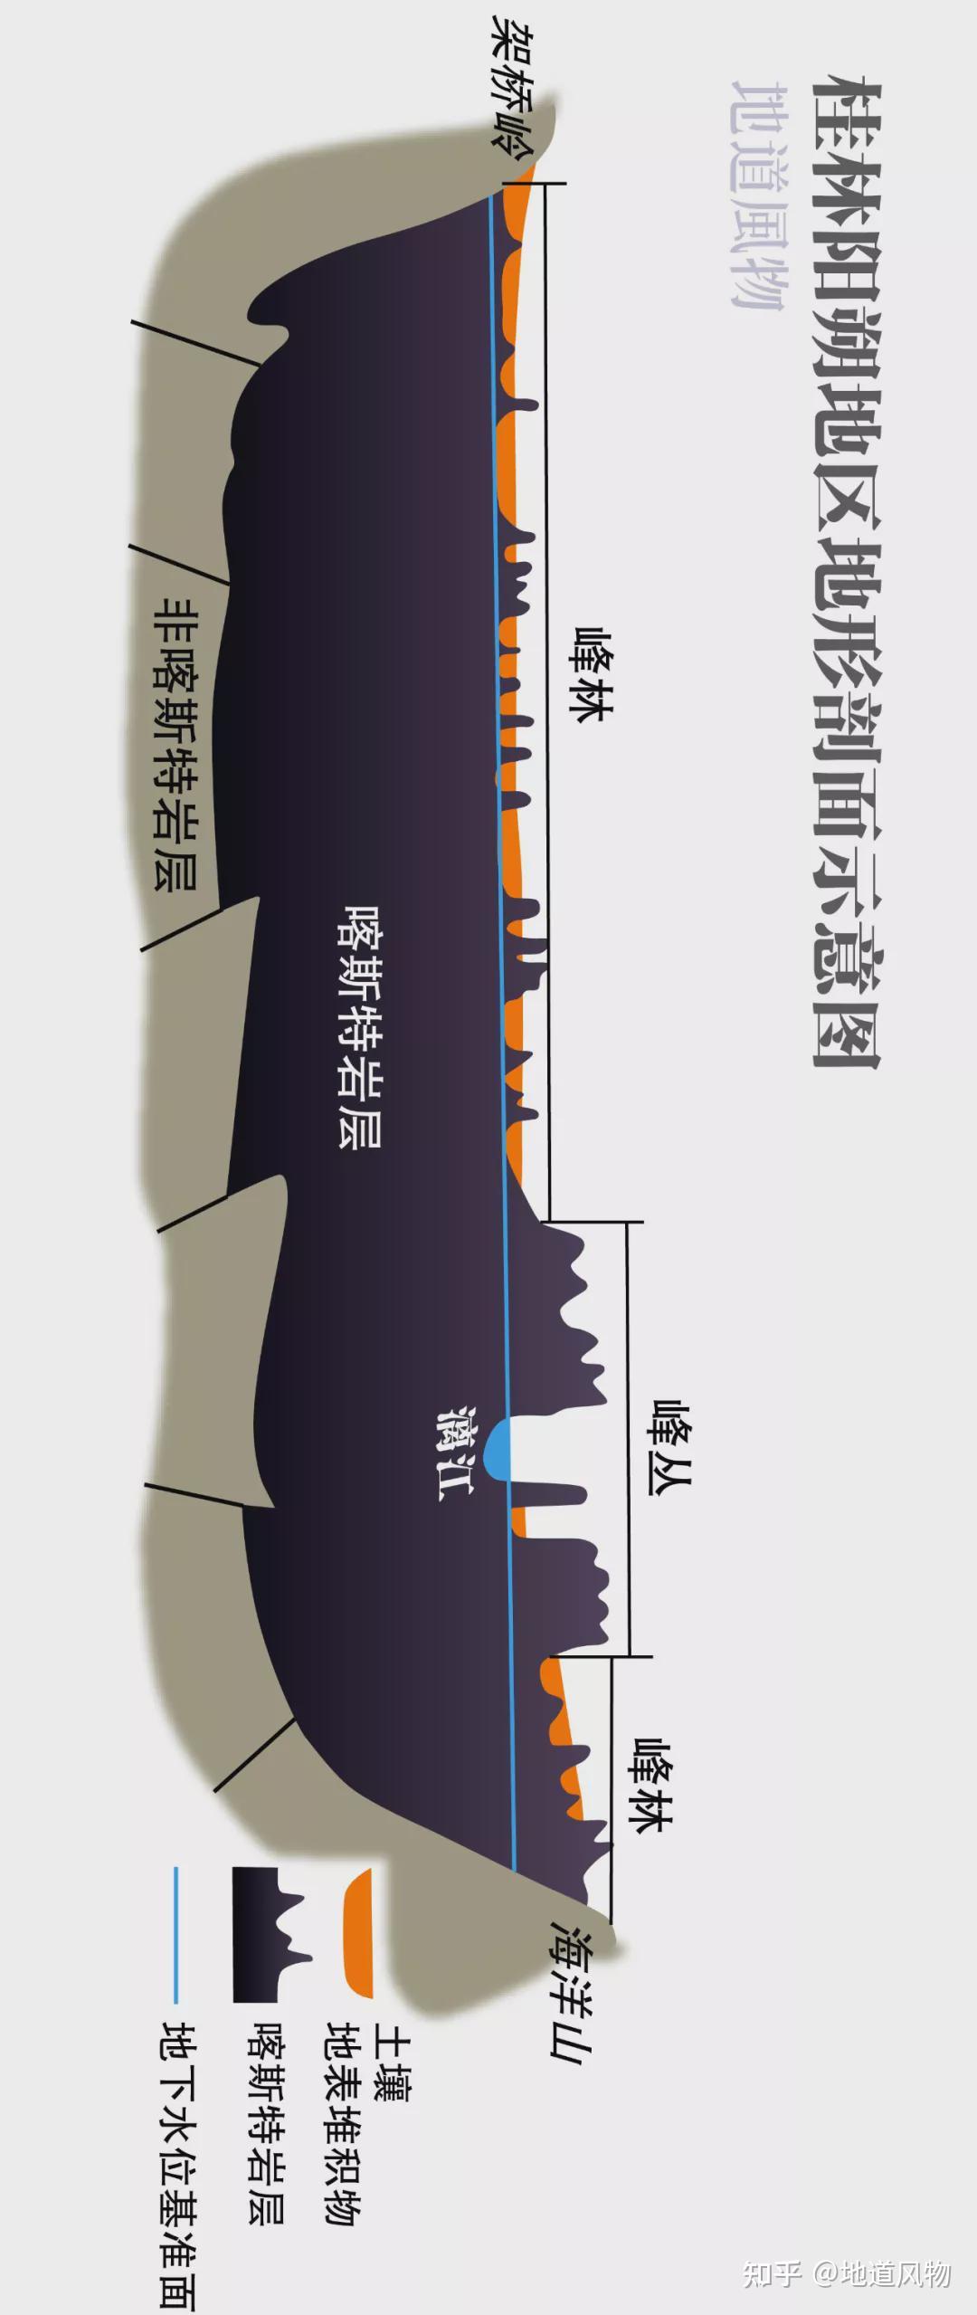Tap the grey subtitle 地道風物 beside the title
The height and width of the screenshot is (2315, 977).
pyautogui.click(x=758, y=195)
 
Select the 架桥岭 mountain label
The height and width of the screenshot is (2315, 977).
pyautogui.click(x=512, y=87)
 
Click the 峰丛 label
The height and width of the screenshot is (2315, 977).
pyautogui.click(x=670, y=1447)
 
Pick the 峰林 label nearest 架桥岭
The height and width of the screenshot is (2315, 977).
pyautogui.click(x=592, y=674)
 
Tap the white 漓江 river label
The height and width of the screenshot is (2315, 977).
pyautogui.click(x=454, y=1453)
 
